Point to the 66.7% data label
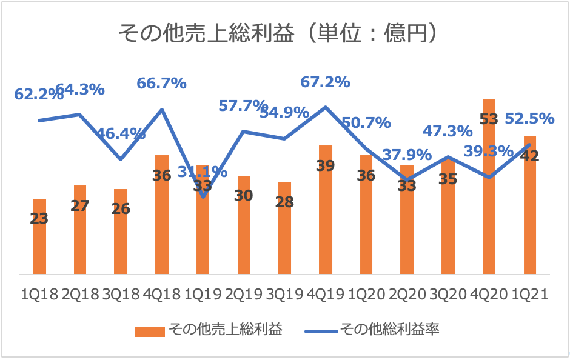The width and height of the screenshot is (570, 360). [x=161, y=84]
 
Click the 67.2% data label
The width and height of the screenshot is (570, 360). [x=326, y=82]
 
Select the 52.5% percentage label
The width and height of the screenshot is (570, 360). [x=530, y=118]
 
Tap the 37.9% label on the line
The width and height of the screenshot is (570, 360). [x=407, y=155]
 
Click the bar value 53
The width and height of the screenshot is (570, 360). [x=489, y=119]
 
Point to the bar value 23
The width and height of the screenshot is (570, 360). [x=39, y=218]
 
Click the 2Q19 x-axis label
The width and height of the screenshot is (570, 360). [x=243, y=295]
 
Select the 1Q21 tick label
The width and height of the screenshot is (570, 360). [x=530, y=295]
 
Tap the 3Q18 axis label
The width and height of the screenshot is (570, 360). [x=121, y=295]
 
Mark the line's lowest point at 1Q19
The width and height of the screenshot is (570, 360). [x=203, y=197]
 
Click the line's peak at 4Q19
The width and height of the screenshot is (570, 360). [x=326, y=107]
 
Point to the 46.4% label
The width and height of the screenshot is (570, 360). [x=121, y=134]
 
